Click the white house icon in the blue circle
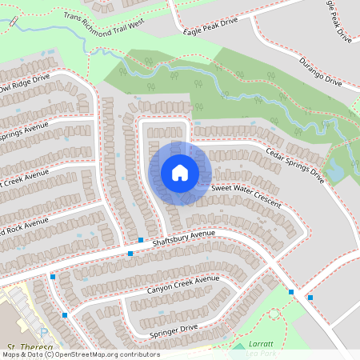coord(180,173)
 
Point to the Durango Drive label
coord(321,71)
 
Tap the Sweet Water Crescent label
coord(246,194)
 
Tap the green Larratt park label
coord(262,342)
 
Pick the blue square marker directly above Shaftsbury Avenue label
coord(141,240)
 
